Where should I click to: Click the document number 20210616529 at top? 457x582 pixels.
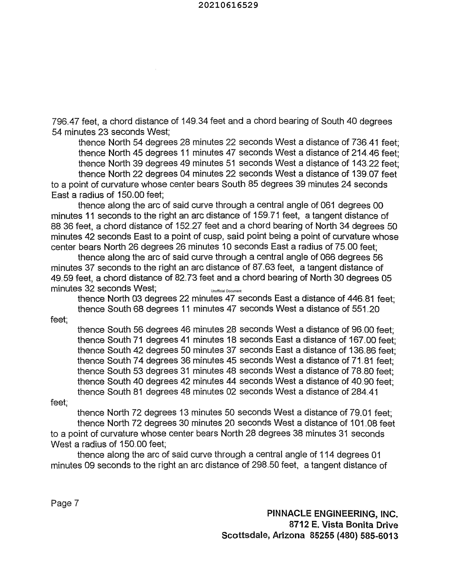[x=228, y=5]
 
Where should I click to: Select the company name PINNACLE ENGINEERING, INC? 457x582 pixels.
[x=332, y=514]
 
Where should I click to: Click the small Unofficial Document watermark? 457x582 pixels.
[x=226, y=291]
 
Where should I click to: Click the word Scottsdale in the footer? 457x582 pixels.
[x=245, y=536]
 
